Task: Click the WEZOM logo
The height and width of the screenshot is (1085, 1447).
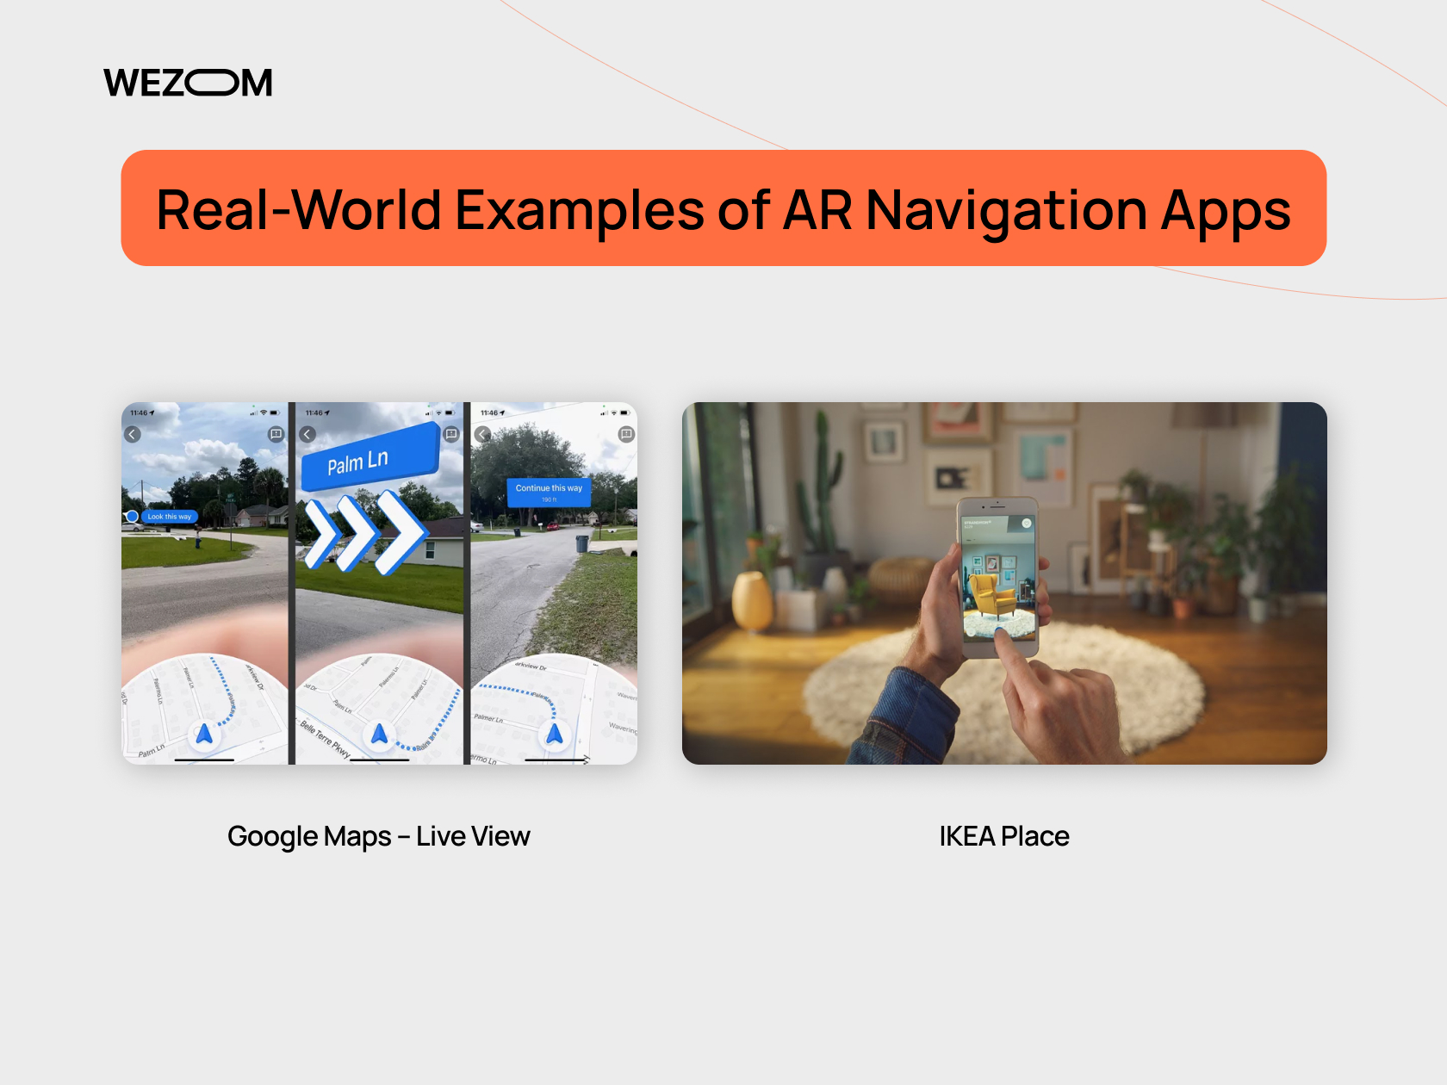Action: [x=188, y=83]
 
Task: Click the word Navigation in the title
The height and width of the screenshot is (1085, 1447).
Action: [x=1006, y=209]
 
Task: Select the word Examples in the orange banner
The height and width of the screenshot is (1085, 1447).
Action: [x=580, y=209]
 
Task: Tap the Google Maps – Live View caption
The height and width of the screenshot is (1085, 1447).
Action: [x=378, y=836]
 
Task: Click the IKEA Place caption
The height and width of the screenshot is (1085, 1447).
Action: [x=1003, y=836]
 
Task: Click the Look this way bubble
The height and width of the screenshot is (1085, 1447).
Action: [x=169, y=517]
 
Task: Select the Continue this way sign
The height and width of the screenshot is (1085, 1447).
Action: [x=549, y=491]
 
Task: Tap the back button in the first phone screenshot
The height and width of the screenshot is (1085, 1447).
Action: [x=133, y=434]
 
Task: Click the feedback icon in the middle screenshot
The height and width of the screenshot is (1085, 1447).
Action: [x=450, y=434]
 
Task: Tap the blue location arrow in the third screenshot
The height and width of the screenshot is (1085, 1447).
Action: [x=555, y=734]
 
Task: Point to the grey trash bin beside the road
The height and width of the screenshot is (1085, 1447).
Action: [x=581, y=543]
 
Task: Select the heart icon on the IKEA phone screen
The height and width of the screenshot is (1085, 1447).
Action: [x=1026, y=524]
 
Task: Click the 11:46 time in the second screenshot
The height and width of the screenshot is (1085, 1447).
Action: [x=315, y=413]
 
